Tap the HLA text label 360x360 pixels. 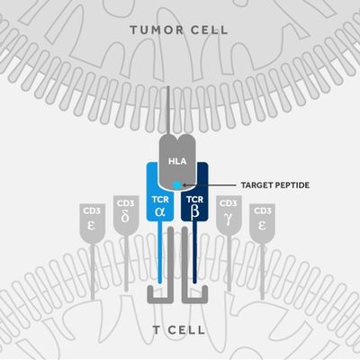click(177, 161)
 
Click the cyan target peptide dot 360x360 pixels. click(177, 185)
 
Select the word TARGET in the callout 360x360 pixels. click(256, 185)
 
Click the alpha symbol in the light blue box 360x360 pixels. click(160, 211)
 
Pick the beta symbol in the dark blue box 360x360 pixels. click(194, 211)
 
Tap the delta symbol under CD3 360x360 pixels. click(125, 217)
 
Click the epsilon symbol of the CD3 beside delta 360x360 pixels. click(92, 225)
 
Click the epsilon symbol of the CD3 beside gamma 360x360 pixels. click(262, 225)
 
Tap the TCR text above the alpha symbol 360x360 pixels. click(160, 200)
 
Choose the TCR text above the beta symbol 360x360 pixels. click(194, 200)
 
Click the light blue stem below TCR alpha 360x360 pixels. click(160, 252)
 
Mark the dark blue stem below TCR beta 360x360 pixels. click(194, 252)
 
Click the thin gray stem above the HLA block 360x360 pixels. click(168, 111)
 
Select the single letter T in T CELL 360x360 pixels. click(157, 330)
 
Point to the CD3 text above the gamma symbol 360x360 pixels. click(229, 203)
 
